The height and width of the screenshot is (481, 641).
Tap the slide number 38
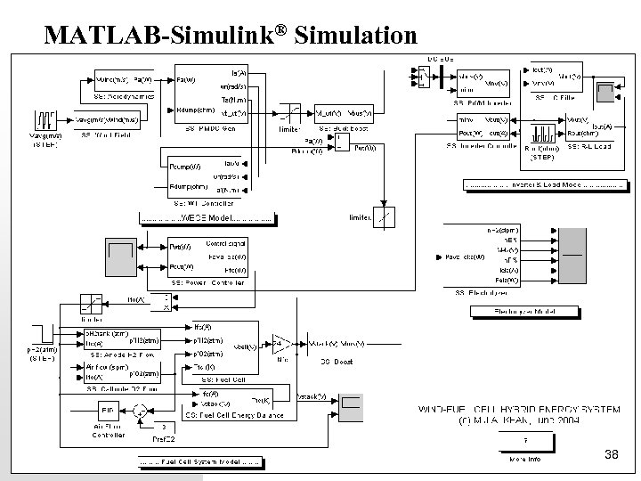tap(611, 455)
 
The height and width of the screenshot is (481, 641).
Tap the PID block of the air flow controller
tap(106, 411)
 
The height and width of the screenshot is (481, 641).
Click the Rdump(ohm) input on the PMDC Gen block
tap(193, 110)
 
